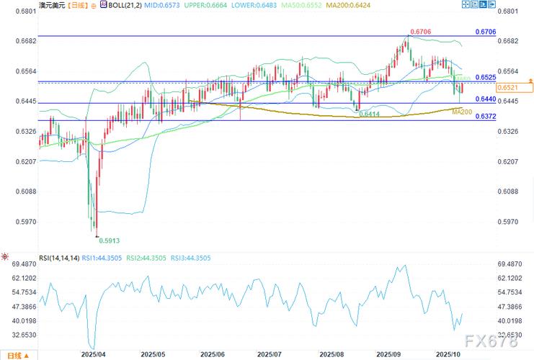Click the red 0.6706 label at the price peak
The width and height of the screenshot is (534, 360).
pyautogui.click(x=421, y=32)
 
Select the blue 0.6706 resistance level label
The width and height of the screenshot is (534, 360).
pyautogui.click(x=486, y=32)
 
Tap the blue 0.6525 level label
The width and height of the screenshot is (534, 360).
pyautogui.click(x=486, y=76)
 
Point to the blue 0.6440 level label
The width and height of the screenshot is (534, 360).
pyautogui.click(x=486, y=99)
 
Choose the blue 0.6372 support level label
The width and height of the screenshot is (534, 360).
pyautogui.click(x=486, y=117)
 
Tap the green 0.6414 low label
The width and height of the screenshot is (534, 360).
pyautogui.click(x=368, y=114)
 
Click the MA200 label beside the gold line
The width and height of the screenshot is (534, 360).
pyautogui.click(x=462, y=112)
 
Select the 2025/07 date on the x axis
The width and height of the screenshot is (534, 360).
pyautogui.click(x=270, y=354)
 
